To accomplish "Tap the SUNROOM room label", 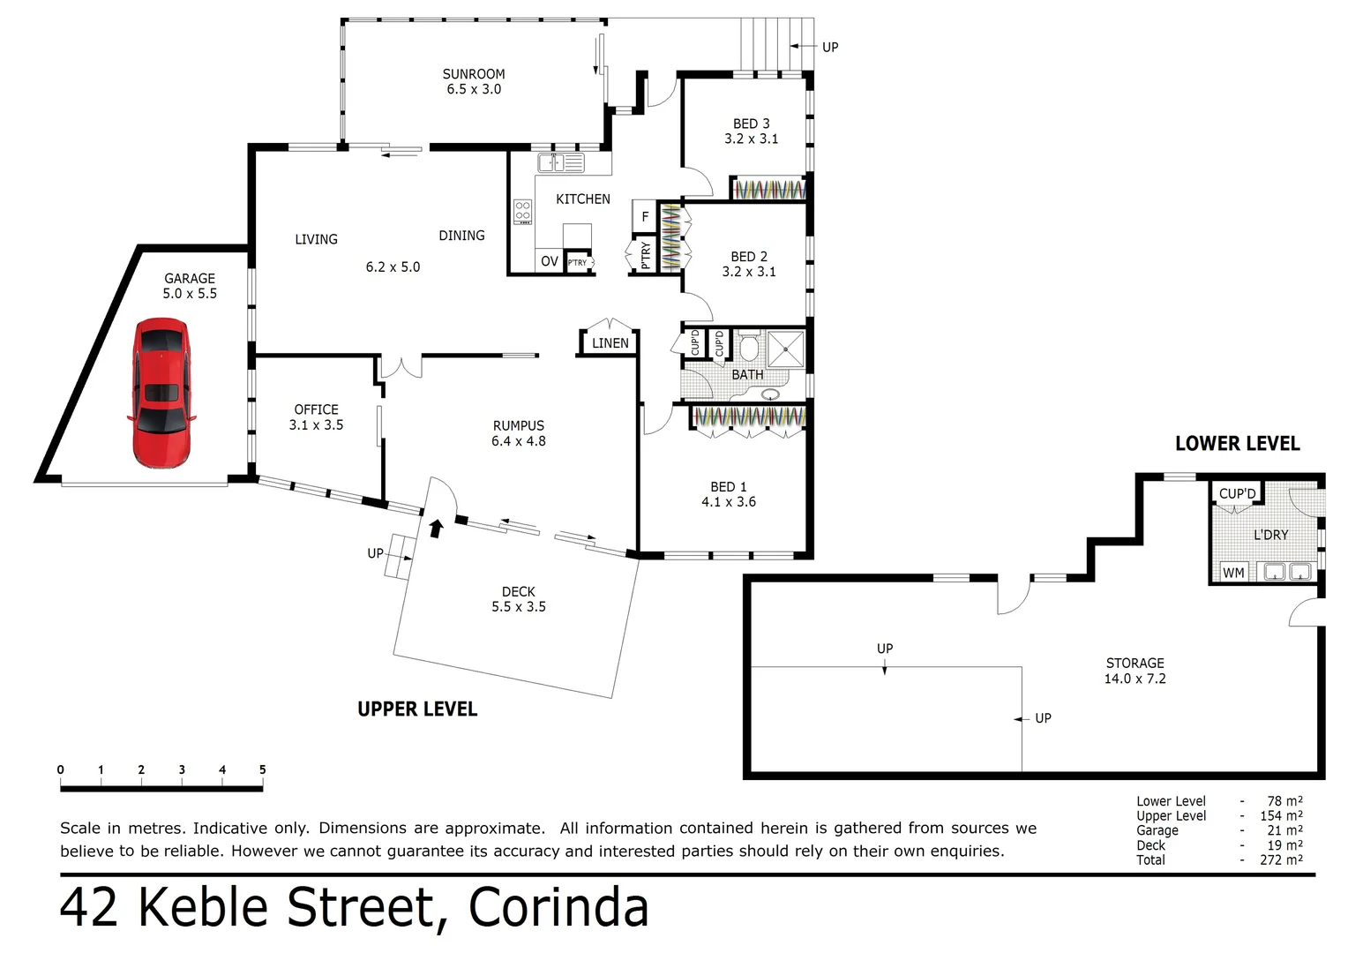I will point(474,74).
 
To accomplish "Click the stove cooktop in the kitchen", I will point(522,212).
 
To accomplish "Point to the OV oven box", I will point(549,261).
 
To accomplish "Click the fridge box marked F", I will point(645,216).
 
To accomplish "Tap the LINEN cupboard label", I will point(610,343).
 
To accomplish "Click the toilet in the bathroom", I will point(748,347).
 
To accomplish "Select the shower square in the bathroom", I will point(785,349).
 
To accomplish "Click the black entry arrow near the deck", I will point(435,528).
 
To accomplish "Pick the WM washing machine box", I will point(1233,573).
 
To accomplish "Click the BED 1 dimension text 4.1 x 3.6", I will point(728,502).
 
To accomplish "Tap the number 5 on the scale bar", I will point(262,769).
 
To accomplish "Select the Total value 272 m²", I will point(1281,859).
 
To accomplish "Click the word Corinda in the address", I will point(558,907).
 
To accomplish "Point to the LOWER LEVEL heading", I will point(1237,444).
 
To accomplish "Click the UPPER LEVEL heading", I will point(417,709).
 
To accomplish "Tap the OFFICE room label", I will point(316,409).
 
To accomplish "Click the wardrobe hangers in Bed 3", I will point(769,189).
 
